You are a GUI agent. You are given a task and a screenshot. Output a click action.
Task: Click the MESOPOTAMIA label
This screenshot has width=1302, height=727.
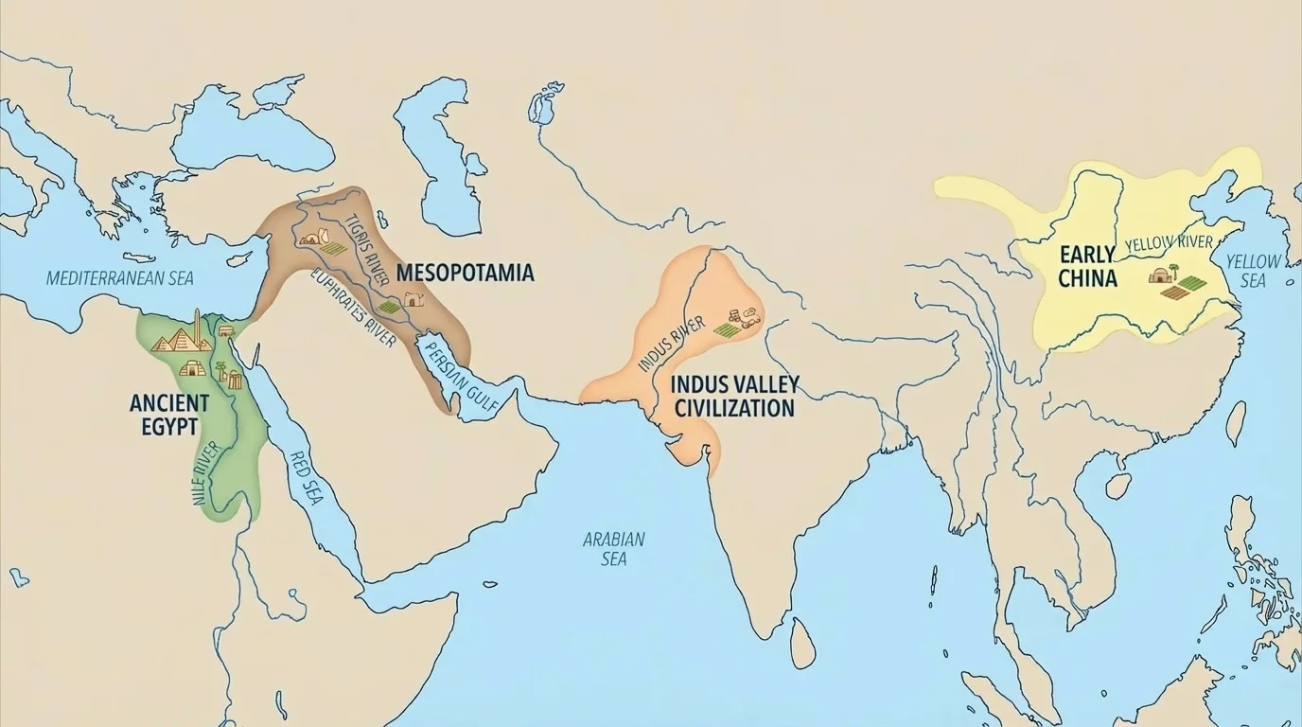tap(465, 273)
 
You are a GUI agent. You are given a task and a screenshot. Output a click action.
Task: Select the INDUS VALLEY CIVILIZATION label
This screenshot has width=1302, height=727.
tap(734, 396)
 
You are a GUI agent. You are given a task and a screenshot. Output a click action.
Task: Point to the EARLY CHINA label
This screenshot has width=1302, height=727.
tap(1088, 266)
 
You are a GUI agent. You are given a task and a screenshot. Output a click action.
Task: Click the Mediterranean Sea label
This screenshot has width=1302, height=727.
tap(119, 278)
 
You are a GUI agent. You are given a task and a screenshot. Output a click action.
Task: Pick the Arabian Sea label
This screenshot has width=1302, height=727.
tap(613, 548)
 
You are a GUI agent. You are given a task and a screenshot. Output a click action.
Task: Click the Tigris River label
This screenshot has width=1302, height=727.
tap(367, 248)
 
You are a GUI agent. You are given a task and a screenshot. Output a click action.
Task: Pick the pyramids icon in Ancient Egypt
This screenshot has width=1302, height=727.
tap(172, 338)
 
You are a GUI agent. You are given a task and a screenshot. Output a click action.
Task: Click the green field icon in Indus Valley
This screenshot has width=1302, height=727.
tap(727, 329)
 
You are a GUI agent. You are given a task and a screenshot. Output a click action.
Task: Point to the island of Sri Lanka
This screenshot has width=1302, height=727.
tap(802, 643)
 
